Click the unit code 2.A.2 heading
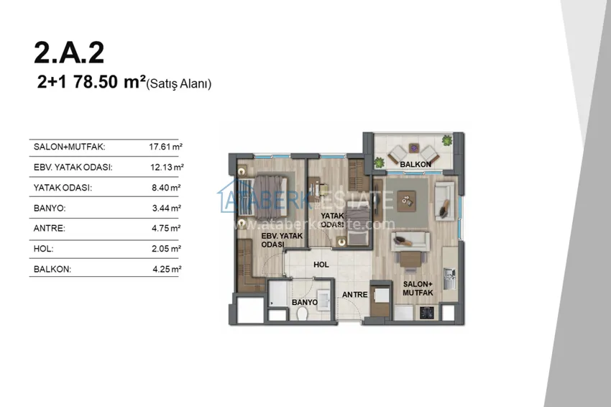pos(69,53)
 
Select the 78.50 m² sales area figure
pos(109,82)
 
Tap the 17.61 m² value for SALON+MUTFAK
pos(165,147)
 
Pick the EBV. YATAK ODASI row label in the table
pos(73,168)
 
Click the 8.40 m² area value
pos(166,188)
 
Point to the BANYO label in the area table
pos(50,209)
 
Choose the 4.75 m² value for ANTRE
pos(166,229)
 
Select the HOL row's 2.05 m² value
pos(166,249)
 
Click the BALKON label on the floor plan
pos(415,165)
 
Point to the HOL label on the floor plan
pos(321,265)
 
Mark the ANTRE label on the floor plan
pos(354,295)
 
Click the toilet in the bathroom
pos(303,313)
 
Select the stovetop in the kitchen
pos(427,312)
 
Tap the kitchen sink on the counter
pos(449,278)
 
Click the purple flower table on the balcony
pos(414,148)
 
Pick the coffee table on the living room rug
pos(406,201)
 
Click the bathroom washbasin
pos(324,300)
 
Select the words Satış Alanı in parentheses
pos(179,84)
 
